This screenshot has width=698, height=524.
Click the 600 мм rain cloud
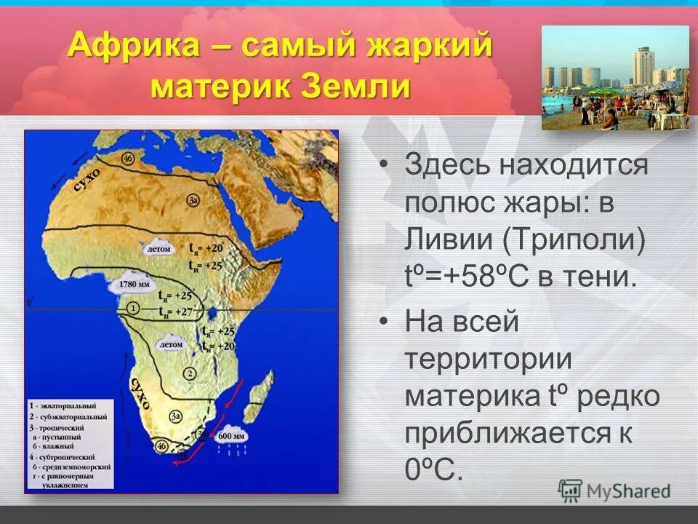(x=233, y=435)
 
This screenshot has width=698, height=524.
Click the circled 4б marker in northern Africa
(x=128, y=159)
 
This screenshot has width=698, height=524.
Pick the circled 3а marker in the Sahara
(x=193, y=199)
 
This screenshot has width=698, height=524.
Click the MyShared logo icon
(x=570, y=491)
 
